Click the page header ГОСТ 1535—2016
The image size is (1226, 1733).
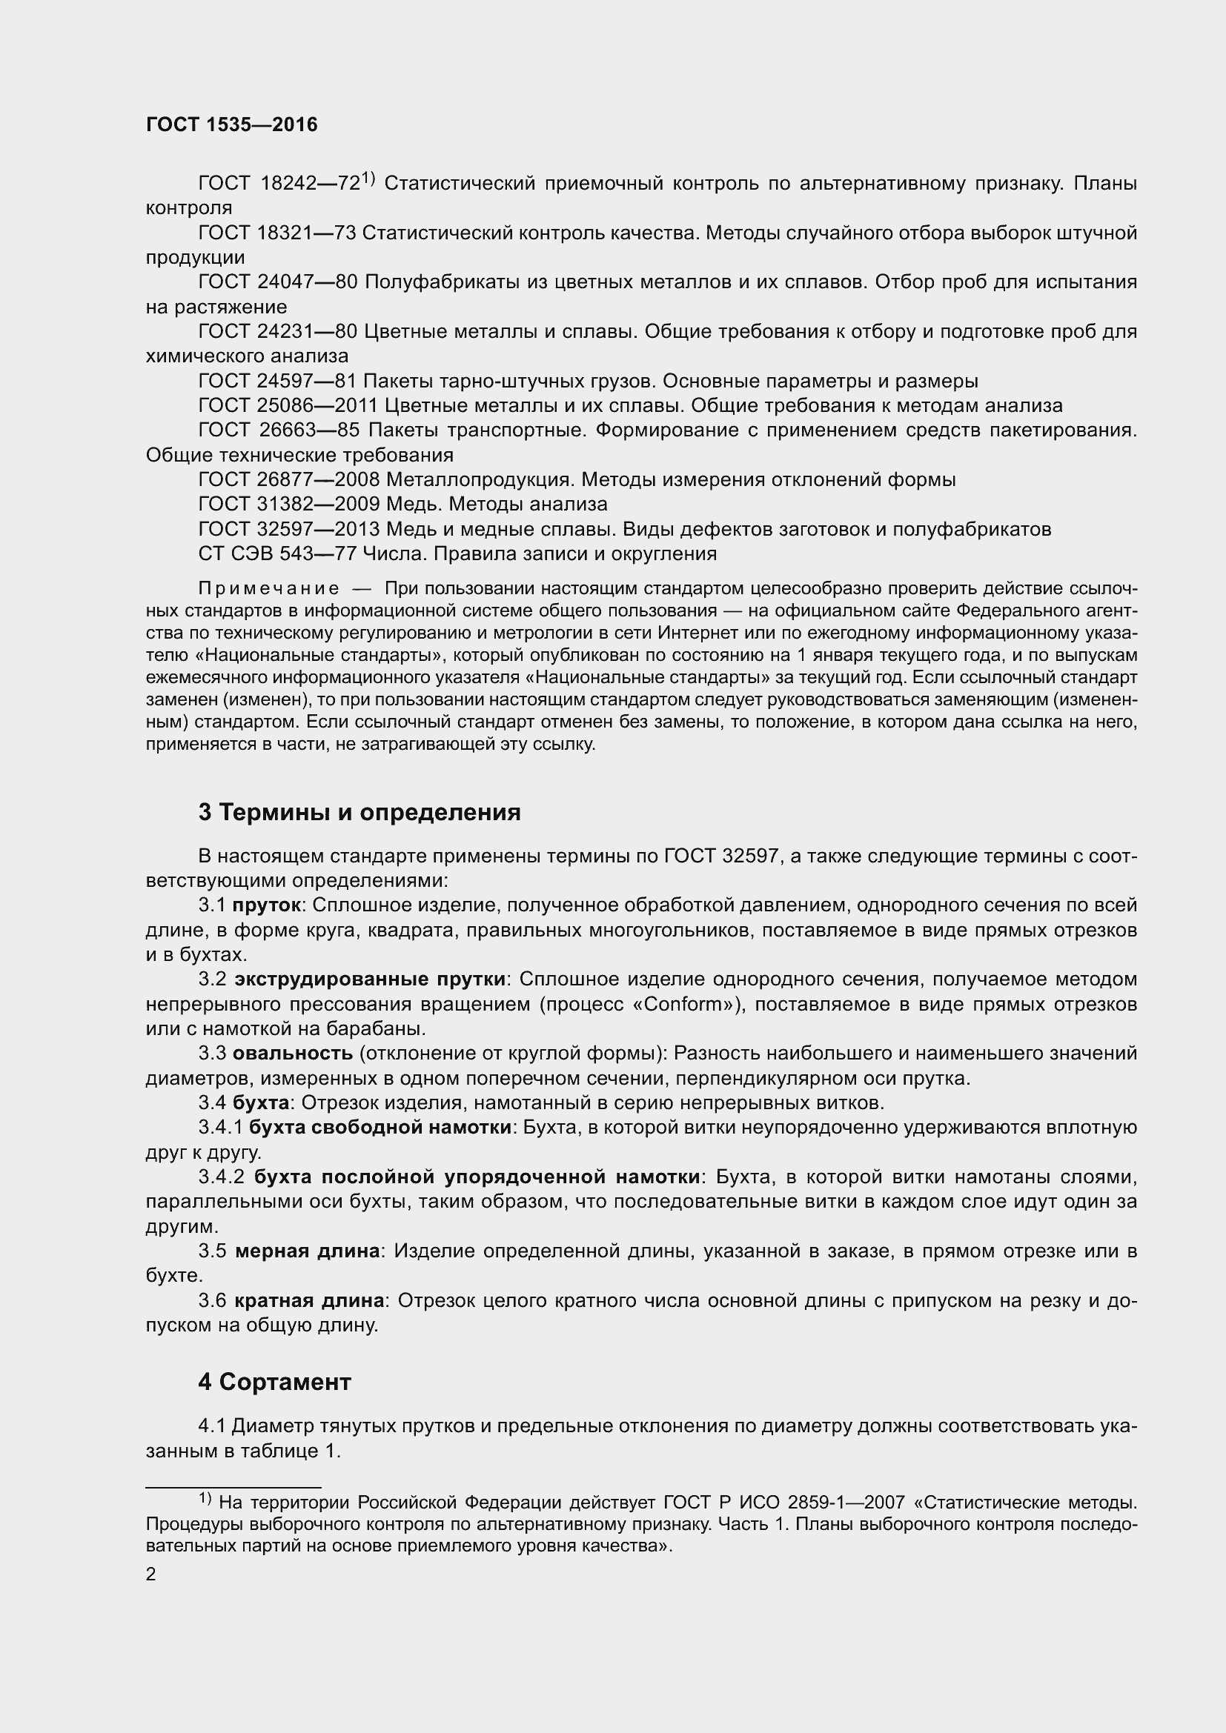(232, 124)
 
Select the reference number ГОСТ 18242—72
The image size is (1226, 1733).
(279, 184)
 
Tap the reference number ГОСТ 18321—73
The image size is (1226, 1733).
(276, 233)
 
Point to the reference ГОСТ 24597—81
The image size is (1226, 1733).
(276, 381)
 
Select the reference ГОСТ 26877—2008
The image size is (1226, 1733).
(288, 480)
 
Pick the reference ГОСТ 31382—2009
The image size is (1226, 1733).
(288, 505)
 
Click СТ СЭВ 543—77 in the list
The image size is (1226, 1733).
(276, 554)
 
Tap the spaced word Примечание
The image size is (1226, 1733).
(269, 589)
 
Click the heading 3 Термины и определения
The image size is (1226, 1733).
(359, 813)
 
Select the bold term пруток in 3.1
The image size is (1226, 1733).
(266, 905)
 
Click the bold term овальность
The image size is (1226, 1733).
(292, 1054)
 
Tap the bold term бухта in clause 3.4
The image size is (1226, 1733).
(260, 1102)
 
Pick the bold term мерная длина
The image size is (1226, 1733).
(308, 1251)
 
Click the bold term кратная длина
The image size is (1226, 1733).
(309, 1300)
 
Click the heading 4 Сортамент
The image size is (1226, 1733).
(275, 1382)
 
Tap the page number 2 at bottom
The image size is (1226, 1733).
(151, 1574)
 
